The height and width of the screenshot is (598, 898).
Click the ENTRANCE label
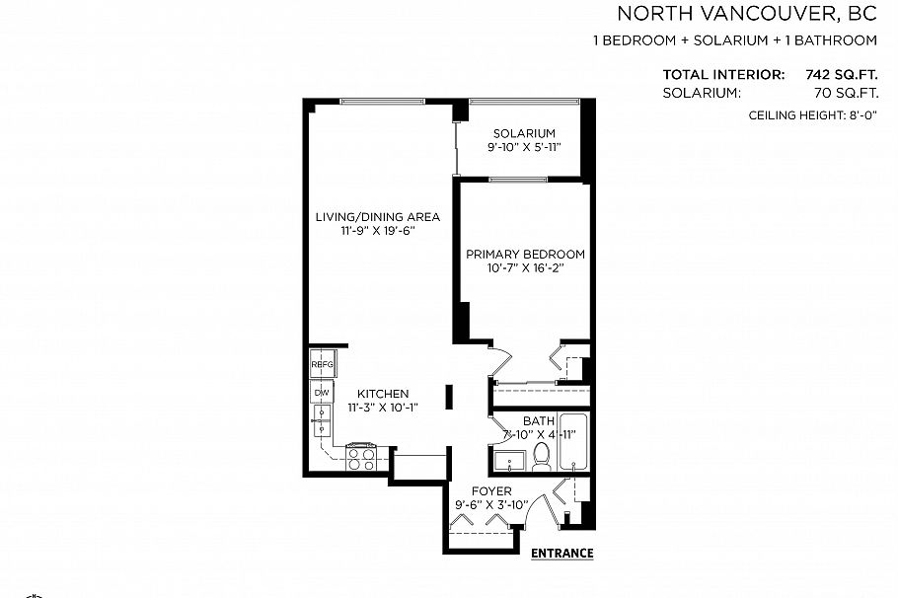click(561, 553)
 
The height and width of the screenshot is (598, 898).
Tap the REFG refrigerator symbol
click(322, 364)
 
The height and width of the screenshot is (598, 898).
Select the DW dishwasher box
click(322, 393)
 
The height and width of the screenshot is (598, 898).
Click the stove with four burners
click(361, 459)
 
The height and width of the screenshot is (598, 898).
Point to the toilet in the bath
click(541, 456)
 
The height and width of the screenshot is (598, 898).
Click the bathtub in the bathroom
click(573, 442)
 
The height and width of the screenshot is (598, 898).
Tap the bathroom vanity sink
click(510, 461)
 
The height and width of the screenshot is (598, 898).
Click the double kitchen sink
click(322, 420)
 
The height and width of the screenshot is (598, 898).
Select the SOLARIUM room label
click(524, 133)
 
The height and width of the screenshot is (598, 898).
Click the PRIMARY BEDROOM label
click(525, 254)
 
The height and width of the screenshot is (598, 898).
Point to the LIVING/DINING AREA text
click(378, 217)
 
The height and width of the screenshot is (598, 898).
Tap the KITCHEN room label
click(383, 394)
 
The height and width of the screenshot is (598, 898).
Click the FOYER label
click(491, 491)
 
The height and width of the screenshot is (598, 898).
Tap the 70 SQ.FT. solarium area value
click(846, 93)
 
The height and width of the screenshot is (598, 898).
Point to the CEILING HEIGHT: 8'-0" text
click(813, 115)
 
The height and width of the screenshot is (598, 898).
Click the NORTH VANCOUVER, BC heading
click(747, 14)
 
